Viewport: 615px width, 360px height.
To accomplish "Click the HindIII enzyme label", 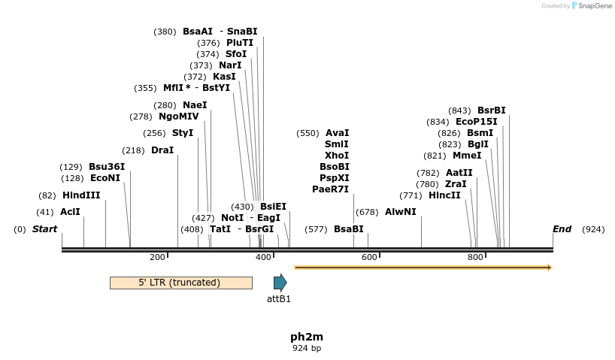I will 81,195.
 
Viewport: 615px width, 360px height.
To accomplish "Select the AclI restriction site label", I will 70,212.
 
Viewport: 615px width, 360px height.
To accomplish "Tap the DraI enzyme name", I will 162,150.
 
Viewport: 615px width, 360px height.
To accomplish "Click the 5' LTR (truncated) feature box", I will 180,283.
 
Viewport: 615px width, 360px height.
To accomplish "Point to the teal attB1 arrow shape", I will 280,283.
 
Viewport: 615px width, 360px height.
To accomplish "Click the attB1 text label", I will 279,298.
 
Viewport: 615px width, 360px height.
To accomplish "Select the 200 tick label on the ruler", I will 157,258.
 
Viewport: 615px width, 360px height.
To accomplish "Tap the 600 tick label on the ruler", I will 369,258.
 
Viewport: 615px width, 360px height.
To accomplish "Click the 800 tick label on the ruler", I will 475,258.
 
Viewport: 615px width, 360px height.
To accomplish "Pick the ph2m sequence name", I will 307,337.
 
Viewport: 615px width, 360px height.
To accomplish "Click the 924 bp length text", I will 307,348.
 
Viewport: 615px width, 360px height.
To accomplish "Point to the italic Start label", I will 44,229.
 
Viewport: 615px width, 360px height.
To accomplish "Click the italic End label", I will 562,229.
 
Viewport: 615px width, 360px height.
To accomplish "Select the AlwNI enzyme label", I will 400,212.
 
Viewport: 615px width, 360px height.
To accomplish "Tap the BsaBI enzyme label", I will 349,229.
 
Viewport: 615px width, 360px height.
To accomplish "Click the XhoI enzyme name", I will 337,155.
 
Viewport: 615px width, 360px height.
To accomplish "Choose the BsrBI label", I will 492,110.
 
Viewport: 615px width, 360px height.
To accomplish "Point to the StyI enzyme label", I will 183,133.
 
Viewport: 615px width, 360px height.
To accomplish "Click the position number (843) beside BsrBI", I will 459,110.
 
